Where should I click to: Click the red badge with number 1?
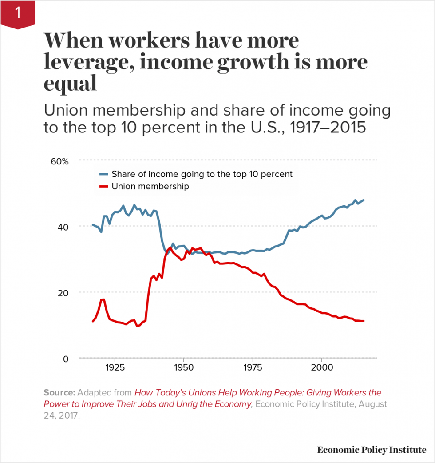point(17,14)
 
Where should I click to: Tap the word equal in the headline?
point(70,84)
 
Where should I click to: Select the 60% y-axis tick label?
point(60,161)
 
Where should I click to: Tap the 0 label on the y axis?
point(66,359)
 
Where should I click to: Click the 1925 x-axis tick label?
point(115,368)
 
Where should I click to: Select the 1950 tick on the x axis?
point(183,368)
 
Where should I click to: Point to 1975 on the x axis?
point(253,368)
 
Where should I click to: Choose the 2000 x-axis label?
point(321,368)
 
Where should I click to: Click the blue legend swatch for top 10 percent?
point(103,174)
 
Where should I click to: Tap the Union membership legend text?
point(150,186)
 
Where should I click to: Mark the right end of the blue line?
point(364,200)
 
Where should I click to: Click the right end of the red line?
point(364,321)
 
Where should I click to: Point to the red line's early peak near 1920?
point(103,299)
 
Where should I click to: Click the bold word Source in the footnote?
point(59,393)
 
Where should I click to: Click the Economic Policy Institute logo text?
point(372,450)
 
